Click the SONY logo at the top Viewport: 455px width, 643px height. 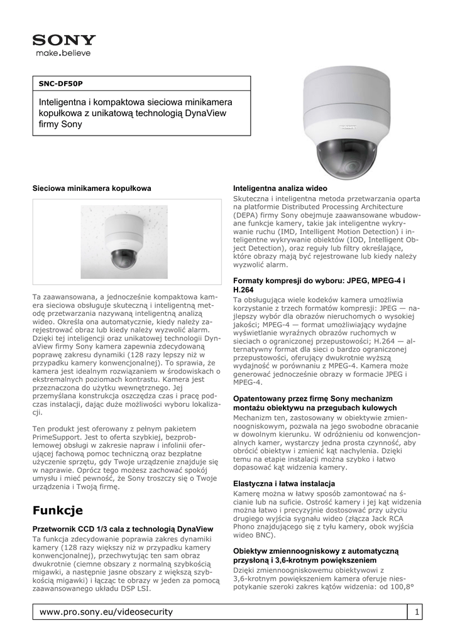64,40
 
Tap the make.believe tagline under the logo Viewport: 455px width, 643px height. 62,54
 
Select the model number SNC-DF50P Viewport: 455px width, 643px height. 61,84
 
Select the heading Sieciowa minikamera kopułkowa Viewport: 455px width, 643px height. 92,188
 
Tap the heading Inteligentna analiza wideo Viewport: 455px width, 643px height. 280,188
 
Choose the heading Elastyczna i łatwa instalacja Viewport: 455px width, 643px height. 284,484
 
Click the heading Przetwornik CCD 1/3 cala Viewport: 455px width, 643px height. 123,529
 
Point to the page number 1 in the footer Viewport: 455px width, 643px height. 416,611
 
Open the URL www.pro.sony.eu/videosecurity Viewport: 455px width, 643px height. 106,611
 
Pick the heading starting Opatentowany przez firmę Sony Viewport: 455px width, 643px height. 312,398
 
